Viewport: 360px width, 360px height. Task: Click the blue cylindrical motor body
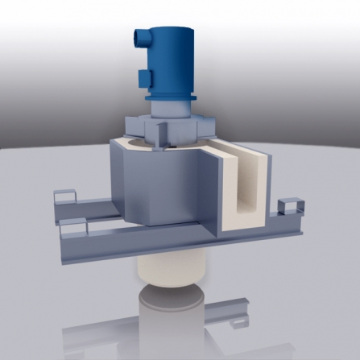pyautogui.click(x=173, y=60)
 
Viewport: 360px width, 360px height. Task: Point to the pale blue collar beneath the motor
pyautogui.click(x=172, y=108)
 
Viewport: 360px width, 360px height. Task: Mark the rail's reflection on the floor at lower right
pyautogui.click(x=234, y=313)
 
